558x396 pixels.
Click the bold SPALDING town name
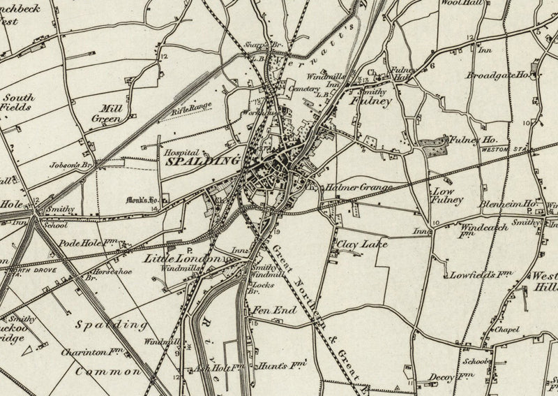[202, 160]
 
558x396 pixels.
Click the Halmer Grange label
[355, 188]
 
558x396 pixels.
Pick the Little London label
[183, 258]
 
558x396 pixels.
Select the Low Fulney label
[448, 196]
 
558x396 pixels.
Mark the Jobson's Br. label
[71, 166]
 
